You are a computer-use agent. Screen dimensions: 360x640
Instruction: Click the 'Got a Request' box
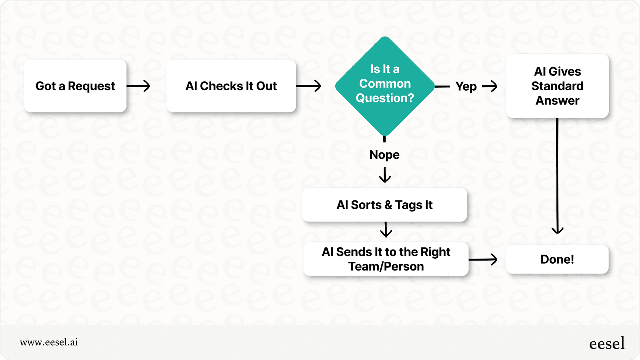pos(75,86)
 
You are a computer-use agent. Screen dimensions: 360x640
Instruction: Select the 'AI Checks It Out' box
pos(231,86)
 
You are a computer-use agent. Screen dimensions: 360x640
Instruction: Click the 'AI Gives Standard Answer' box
pos(557,86)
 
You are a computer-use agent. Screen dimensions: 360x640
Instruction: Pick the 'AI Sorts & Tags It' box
pos(384,205)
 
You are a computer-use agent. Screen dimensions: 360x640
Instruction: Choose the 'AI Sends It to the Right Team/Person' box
pos(386,259)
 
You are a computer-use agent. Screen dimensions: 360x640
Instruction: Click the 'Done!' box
pos(557,259)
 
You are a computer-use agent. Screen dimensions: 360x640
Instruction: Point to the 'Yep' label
pos(466,86)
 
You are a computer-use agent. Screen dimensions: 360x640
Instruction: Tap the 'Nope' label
pos(384,155)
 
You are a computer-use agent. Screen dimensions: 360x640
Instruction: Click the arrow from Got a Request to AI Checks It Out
pos(139,86)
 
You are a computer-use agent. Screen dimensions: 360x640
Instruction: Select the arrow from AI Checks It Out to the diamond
pos(309,86)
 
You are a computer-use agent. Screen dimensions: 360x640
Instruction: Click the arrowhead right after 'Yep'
pos(490,86)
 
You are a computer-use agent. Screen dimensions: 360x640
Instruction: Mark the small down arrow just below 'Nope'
pos(385,175)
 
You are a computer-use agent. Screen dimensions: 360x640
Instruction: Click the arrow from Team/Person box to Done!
pos(483,259)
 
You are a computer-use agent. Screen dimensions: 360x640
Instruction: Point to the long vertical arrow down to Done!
pos(557,175)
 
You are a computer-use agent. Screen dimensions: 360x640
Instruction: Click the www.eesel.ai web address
pos(49,342)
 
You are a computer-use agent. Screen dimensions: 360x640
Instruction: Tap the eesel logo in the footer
pos(606,343)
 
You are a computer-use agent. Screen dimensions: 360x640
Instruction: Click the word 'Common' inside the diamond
pos(385,83)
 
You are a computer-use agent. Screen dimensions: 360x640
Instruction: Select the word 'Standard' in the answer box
pos(557,86)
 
